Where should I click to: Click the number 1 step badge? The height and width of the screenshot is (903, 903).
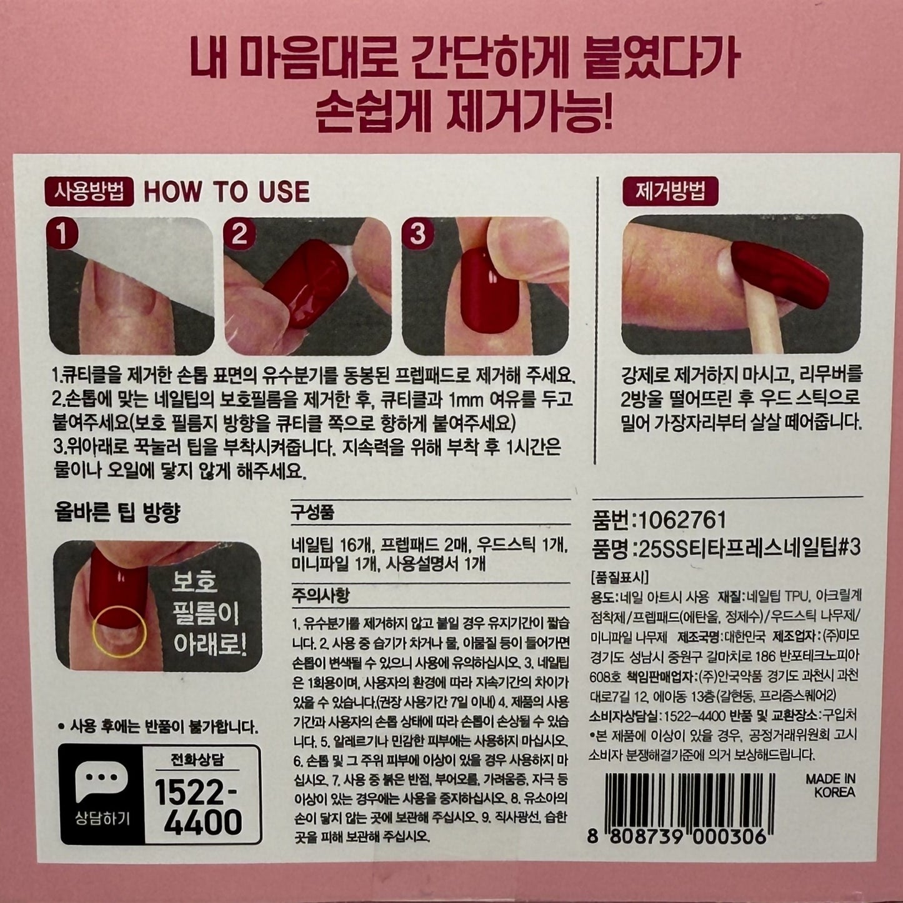[x=62, y=234]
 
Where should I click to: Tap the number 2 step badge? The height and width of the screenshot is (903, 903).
[x=239, y=234]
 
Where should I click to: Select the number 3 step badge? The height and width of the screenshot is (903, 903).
[x=417, y=234]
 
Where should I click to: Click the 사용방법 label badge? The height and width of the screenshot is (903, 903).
[x=89, y=192]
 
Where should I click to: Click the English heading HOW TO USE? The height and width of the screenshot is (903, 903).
[x=227, y=192]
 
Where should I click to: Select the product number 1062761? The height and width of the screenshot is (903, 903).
[x=679, y=520]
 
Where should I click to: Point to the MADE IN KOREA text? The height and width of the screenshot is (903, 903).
[x=831, y=786]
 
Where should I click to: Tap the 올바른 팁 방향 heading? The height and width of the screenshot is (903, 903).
[x=117, y=513]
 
